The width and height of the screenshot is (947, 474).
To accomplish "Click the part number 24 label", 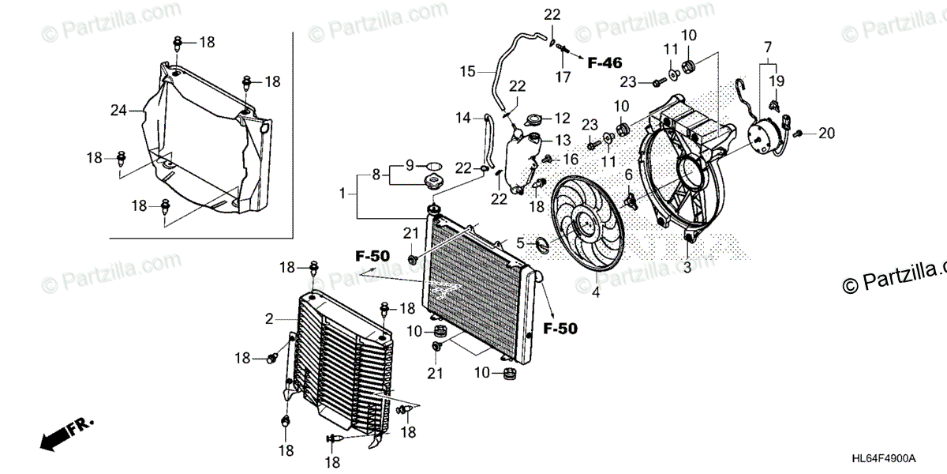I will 118,111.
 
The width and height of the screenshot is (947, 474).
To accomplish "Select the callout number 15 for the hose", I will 468,72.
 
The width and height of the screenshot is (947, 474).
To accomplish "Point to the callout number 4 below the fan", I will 596,294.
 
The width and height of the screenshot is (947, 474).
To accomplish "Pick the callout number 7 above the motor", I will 629,175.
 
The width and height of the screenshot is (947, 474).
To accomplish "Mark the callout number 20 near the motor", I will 767,47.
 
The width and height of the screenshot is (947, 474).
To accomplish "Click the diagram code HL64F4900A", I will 884,459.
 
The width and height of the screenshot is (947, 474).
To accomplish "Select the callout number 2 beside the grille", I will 269,319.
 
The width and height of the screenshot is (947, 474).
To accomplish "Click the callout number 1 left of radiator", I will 343,193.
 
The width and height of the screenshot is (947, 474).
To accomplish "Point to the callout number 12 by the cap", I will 561,118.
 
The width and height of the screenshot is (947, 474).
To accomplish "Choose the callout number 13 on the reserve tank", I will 562,140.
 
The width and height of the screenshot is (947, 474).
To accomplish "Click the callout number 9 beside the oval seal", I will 410,165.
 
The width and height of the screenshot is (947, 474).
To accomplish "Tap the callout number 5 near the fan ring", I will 520,243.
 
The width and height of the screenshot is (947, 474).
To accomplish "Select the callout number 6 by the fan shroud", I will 629,175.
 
